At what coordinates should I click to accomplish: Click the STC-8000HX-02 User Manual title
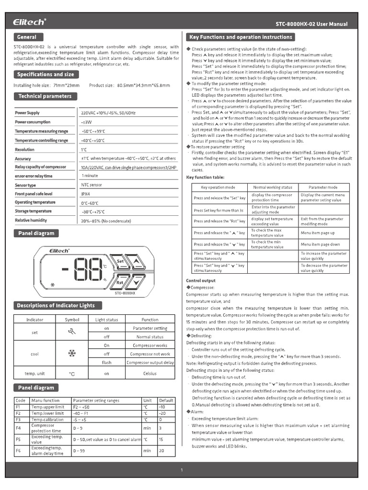pyautogui.click(x=311, y=24)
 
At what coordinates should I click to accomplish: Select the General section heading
pyautogui.click(x=27, y=37)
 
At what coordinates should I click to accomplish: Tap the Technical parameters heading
pyautogui.click(x=45, y=96)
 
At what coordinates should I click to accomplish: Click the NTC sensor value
pyautogui.click(x=92, y=185)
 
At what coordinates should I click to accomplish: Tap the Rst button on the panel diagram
pyautogui.click(x=120, y=282)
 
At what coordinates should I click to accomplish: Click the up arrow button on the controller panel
pyautogui.click(x=137, y=261)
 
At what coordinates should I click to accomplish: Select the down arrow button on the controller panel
pyautogui.click(x=137, y=282)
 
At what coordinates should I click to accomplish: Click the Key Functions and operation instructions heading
pyautogui.click(x=241, y=37)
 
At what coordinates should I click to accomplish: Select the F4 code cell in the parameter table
pyautogui.click(x=18, y=428)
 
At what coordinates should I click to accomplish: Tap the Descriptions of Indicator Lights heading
pyautogui.click(x=56, y=305)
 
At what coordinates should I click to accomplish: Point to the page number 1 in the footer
pyautogui.click(x=182, y=470)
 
